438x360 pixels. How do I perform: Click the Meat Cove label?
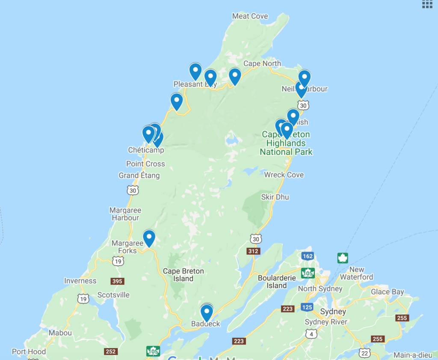click(x=250, y=16)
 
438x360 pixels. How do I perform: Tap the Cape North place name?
click(x=262, y=64)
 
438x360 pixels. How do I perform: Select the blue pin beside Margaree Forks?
click(x=149, y=238)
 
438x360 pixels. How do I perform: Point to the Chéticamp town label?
click(x=146, y=150)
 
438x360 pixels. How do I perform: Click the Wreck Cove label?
click(x=284, y=175)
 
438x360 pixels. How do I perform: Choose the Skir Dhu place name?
click(x=275, y=197)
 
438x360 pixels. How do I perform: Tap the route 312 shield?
click(x=253, y=251)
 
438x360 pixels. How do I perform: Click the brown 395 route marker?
click(x=117, y=281)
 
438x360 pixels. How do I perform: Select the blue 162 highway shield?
click(x=307, y=256)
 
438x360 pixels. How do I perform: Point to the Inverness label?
click(x=80, y=281)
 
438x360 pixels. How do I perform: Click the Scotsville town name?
click(x=113, y=295)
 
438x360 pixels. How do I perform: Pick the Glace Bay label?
click(x=387, y=292)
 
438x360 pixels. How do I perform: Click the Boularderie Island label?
click(x=277, y=281)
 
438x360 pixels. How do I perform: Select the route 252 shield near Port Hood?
click(x=110, y=351)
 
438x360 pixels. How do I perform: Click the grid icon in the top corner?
click(x=427, y=4)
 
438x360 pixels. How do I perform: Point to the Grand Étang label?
click(x=139, y=176)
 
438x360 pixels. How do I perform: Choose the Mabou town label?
click(x=60, y=333)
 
